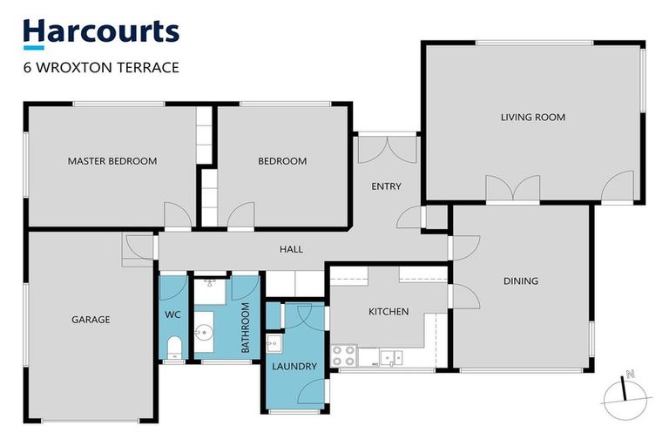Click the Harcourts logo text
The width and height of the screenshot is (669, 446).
pos(101,32)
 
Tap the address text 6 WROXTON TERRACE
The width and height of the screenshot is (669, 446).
pos(101,68)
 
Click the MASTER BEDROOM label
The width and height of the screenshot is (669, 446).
pos(112,161)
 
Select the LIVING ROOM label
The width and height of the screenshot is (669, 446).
pos(532,117)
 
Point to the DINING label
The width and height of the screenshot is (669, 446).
pos(520,281)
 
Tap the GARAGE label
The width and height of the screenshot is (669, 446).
pos(91,320)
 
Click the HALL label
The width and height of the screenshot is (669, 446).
pos(291,249)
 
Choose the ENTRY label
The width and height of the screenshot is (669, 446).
pos(386,186)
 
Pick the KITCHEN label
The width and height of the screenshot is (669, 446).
pos(389,311)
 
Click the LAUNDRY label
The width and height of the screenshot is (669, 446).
pos(294,367)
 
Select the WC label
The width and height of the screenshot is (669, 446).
pos(172,314)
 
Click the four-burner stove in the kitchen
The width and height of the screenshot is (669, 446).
pos(344,355)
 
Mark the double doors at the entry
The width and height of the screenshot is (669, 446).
pos(388,148)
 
